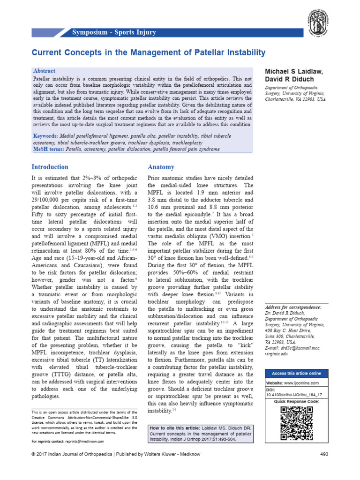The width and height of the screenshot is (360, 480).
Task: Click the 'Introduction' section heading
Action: (50, 167)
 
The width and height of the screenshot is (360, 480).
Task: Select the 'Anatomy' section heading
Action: (161, 167)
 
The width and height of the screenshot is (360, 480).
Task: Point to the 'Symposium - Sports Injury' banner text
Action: (114, 32)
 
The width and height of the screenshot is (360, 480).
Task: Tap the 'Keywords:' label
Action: (48, 136)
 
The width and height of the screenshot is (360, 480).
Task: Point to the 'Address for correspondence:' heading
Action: (293, 307)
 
